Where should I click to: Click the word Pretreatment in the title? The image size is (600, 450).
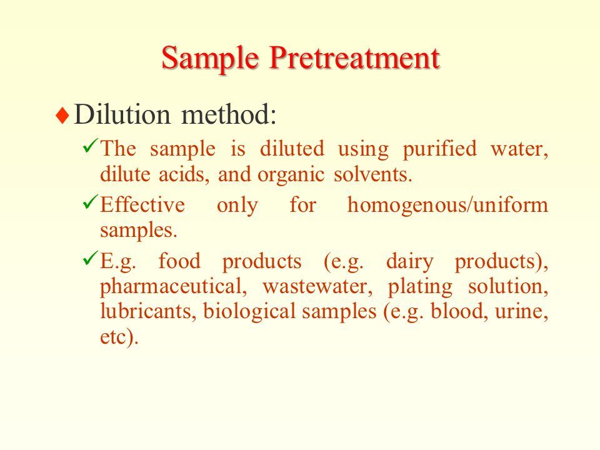click(x=355, y=58)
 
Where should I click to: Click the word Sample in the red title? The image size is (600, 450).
click(x=210, y=59)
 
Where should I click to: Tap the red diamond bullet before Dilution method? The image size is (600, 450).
click(x=62, y=115)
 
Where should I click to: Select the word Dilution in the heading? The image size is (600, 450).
click(x=122, y=114)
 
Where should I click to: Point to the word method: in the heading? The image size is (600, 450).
click(x=229, y=114)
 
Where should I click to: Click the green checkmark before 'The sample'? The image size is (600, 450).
click(x=90, y=146)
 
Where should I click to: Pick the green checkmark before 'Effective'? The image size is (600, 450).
click(x=90, y=202)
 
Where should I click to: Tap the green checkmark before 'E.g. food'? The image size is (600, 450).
click(x=90, y=259)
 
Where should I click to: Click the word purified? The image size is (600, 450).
click(x=439, y=149)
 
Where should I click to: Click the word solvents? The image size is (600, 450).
click(x=372, y=174)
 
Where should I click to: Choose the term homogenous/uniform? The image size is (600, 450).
click(x=447, y=205)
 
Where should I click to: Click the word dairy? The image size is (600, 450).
click(x=410, y=262)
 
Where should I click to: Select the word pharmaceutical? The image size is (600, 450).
click(x=173, y=287)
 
